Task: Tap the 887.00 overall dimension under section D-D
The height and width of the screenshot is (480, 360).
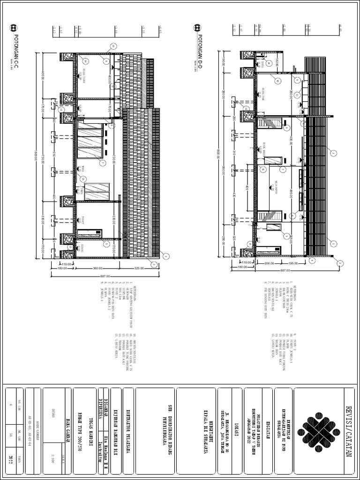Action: tap(284, 270)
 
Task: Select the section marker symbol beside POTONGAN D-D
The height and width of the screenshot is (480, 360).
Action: tap(199, 28)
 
